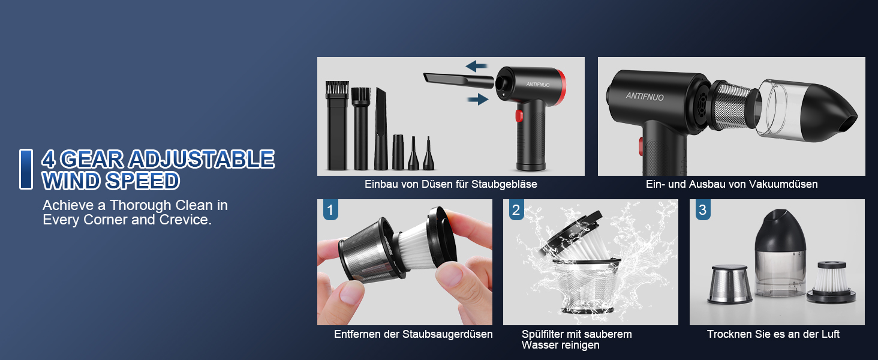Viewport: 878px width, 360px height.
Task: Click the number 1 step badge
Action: (330, 210)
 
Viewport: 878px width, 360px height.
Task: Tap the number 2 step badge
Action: (516, 210)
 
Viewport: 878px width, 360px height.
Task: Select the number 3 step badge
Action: (703, 210)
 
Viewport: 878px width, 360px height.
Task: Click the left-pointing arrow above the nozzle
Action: (476, 66)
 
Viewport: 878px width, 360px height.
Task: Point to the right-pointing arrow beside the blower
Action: (478, 99)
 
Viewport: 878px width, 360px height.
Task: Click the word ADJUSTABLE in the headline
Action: (202, 159)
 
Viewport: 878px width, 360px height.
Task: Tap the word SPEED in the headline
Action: (143, 181)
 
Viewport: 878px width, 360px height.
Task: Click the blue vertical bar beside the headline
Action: (26, 169)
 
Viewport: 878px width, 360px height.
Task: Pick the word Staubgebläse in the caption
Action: (504, 184)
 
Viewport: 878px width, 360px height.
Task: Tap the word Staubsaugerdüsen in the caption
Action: (447, 334)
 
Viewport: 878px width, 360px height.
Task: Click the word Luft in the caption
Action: (829, 334)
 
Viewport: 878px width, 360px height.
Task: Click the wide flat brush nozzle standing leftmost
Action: (337, 125)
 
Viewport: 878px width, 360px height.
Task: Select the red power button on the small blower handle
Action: (519, 116)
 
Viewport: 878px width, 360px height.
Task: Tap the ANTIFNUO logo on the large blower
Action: (645, 96)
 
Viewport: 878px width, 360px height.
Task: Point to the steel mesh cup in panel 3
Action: (730, 284)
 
